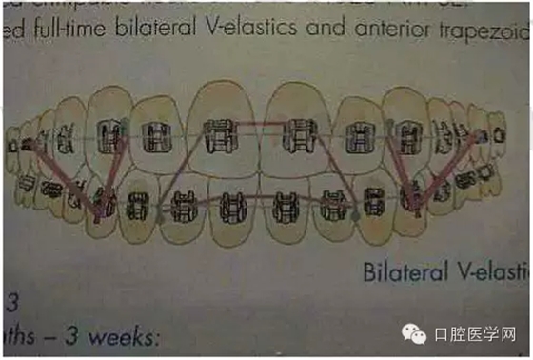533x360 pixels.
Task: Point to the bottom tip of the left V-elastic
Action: click(99, 213)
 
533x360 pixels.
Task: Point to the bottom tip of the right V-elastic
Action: click(412, 202)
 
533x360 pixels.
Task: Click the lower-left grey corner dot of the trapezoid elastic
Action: click(161, 216)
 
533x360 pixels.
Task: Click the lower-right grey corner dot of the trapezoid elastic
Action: click(357, 215)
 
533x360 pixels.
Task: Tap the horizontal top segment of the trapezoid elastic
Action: click(263, 124)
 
